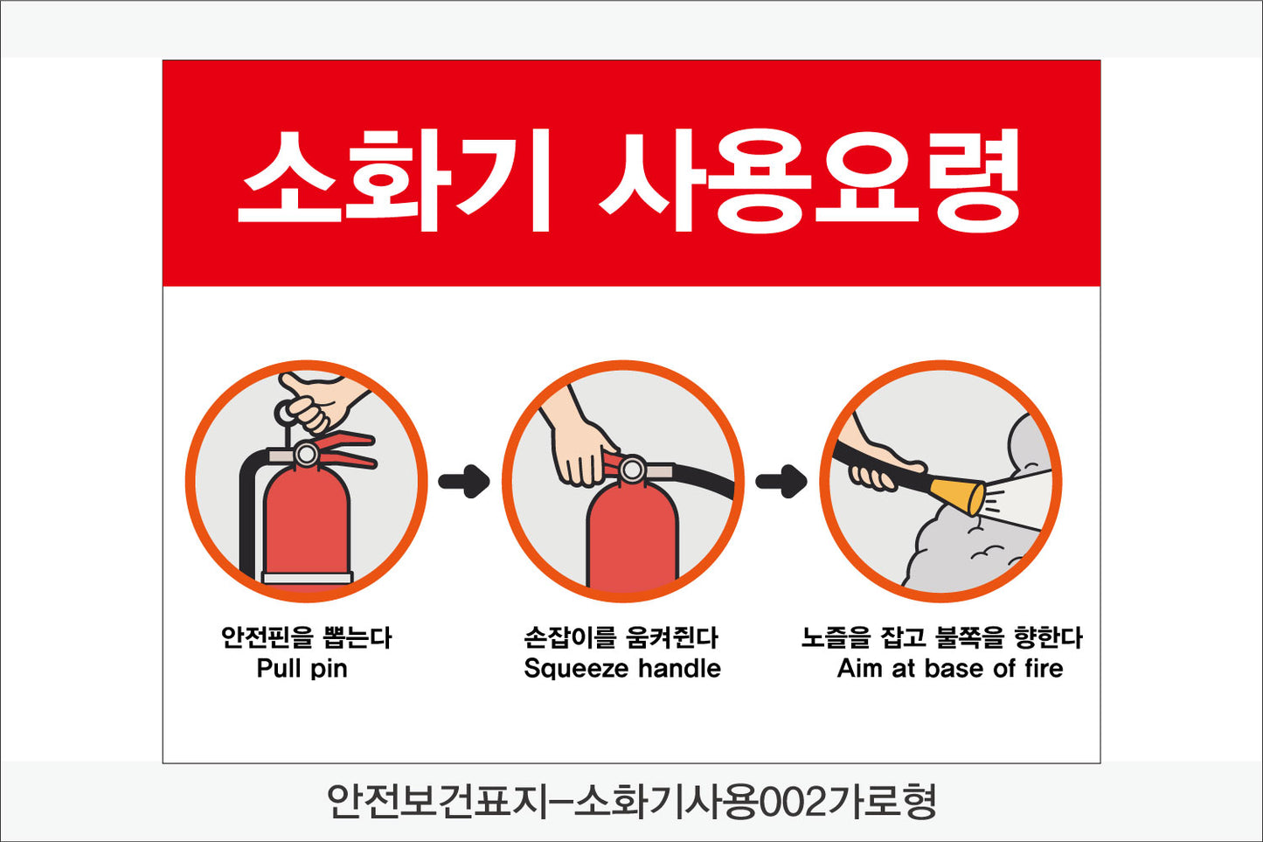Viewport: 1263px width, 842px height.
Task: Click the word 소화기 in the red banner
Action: (x=394, y=180)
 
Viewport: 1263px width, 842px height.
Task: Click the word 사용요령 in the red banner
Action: (x=809, y=180)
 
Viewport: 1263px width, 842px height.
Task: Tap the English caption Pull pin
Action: (x=302, y=670)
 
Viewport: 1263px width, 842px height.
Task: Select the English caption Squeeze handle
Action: (x=622, y=670)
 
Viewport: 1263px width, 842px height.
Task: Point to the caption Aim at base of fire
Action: (x=949, y=668)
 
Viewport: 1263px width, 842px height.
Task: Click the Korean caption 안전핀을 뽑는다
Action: (x=306, y=637)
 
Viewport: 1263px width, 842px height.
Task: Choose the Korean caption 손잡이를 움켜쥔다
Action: (x=621, y=637)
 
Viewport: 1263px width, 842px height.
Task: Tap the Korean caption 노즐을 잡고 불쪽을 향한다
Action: (x=941, y=637)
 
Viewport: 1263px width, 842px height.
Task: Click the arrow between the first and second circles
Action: (x=464, y=481)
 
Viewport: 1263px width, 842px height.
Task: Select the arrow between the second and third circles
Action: (x=781, y=481)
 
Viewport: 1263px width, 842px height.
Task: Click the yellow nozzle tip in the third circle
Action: (x=957, y=495)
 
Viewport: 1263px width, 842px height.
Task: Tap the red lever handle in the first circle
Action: (x=344, y=449)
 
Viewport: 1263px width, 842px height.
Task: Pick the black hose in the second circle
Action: (x=703, y=479)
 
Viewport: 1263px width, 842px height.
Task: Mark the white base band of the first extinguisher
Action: (x=308, y=577)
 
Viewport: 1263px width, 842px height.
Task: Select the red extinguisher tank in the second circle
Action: (x=631, y=536)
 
